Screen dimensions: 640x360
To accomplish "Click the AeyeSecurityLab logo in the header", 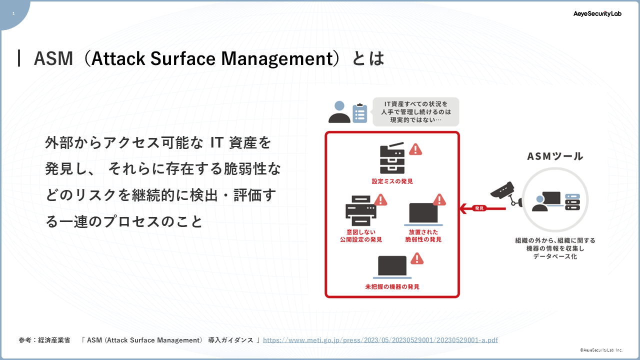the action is coord(597,13).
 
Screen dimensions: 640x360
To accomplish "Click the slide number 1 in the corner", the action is coord(13,13).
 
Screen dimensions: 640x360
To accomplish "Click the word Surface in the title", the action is coord(183,58).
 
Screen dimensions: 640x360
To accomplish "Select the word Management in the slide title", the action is coord(277,59).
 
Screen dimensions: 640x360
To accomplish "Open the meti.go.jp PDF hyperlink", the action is coord(380,340).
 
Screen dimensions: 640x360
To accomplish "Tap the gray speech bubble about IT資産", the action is coord(415,111).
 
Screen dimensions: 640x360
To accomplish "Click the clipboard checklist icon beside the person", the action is coord(359,113).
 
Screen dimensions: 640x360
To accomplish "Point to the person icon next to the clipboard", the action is coord(339,112).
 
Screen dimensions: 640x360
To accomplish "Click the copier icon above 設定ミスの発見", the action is coord(392,158).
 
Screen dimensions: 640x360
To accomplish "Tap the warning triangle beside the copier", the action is coord(415,149).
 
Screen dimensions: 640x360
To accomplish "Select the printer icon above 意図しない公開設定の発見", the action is coord(361,211).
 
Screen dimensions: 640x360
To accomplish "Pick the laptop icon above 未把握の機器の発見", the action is coord(392,267).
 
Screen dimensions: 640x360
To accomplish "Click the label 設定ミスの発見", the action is coord(392,181).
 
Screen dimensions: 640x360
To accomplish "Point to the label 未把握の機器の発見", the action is coord(392,286).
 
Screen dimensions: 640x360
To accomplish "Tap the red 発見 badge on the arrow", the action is coord(479,208).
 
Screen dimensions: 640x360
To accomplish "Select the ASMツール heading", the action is coord(555,156).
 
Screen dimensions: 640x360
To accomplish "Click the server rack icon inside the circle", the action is coord(572,201).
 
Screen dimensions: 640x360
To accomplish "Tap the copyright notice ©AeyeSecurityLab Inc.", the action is coord(601,350).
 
